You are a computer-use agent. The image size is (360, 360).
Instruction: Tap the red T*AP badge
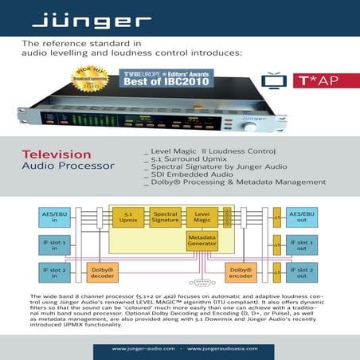(x=315, y=80)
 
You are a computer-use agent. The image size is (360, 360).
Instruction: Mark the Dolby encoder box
(x=241, y=273)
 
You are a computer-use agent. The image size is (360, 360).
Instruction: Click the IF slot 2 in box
(x=55, y=273)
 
